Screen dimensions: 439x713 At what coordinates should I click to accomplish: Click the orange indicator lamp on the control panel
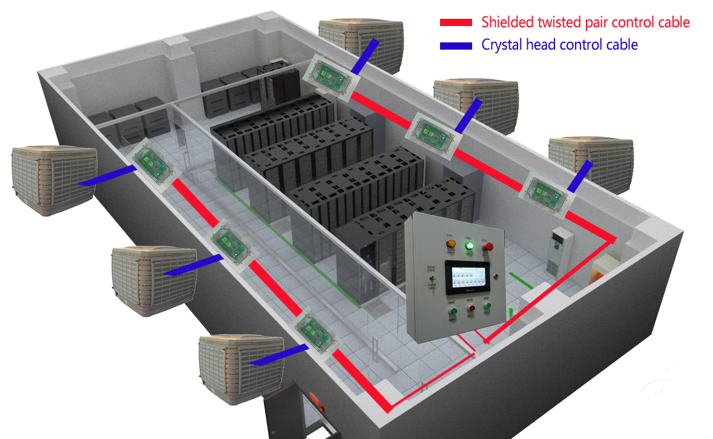450,243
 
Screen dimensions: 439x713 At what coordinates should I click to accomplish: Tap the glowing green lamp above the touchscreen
468,246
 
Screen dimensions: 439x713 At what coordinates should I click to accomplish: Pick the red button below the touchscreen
471,309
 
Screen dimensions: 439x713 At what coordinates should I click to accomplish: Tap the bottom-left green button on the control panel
453,312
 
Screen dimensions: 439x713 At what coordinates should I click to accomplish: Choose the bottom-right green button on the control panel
487,307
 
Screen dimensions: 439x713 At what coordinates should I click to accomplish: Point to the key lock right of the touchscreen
496,276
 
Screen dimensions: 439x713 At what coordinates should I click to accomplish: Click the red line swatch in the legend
455,22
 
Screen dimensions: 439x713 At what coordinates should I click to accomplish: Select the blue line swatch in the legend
455,45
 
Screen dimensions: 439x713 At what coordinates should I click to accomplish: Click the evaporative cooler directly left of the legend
361,44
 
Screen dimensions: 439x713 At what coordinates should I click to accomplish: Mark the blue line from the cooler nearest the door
273,356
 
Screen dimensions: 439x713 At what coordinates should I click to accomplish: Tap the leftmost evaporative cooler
53,179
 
